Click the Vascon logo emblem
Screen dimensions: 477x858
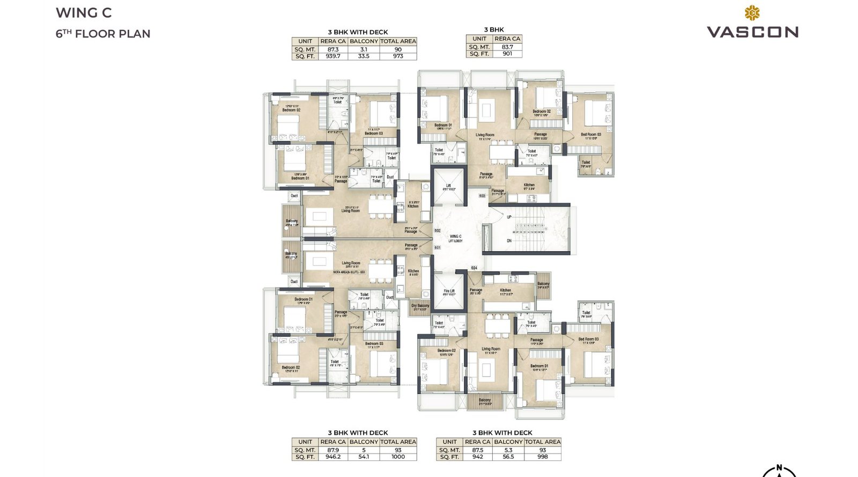coord(752,13)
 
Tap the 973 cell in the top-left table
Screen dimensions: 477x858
coord(398,56)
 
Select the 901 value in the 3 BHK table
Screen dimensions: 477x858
coord(507,54)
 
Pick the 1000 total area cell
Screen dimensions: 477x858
coord(398,457)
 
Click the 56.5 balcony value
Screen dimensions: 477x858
coord(508,457)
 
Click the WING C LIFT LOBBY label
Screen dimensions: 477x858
coord(455,238)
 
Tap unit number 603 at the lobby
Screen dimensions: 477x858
coord(482,196)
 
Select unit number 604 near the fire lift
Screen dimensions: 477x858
coord(474,268)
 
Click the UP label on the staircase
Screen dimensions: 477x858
coord(509,217)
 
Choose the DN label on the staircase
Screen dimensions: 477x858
coord(509,241)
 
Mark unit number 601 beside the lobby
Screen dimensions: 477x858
coord(437,247)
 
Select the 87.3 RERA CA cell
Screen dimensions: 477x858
coord(333,49)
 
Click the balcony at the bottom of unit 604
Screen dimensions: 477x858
coord(485,401)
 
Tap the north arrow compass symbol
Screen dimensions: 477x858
coord(779,471)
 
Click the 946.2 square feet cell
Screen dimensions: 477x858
coord(333,457)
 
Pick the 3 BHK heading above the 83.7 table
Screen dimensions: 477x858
coord(493,30)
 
